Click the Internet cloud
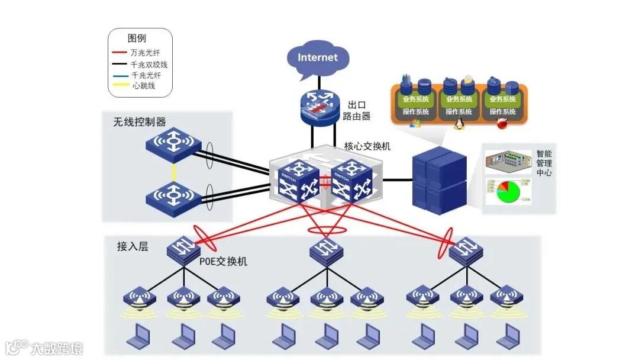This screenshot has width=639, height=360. click(317, 57)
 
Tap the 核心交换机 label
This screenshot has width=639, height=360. click(367, 146)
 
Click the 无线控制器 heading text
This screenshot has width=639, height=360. click(140, 121)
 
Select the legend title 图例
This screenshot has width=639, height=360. click(137, 38)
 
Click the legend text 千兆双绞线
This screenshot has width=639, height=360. click(149, 64)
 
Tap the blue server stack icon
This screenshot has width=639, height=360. click(438, 178)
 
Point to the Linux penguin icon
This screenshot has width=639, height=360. click(458, 123)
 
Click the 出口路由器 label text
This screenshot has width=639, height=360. click(357, 111)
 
